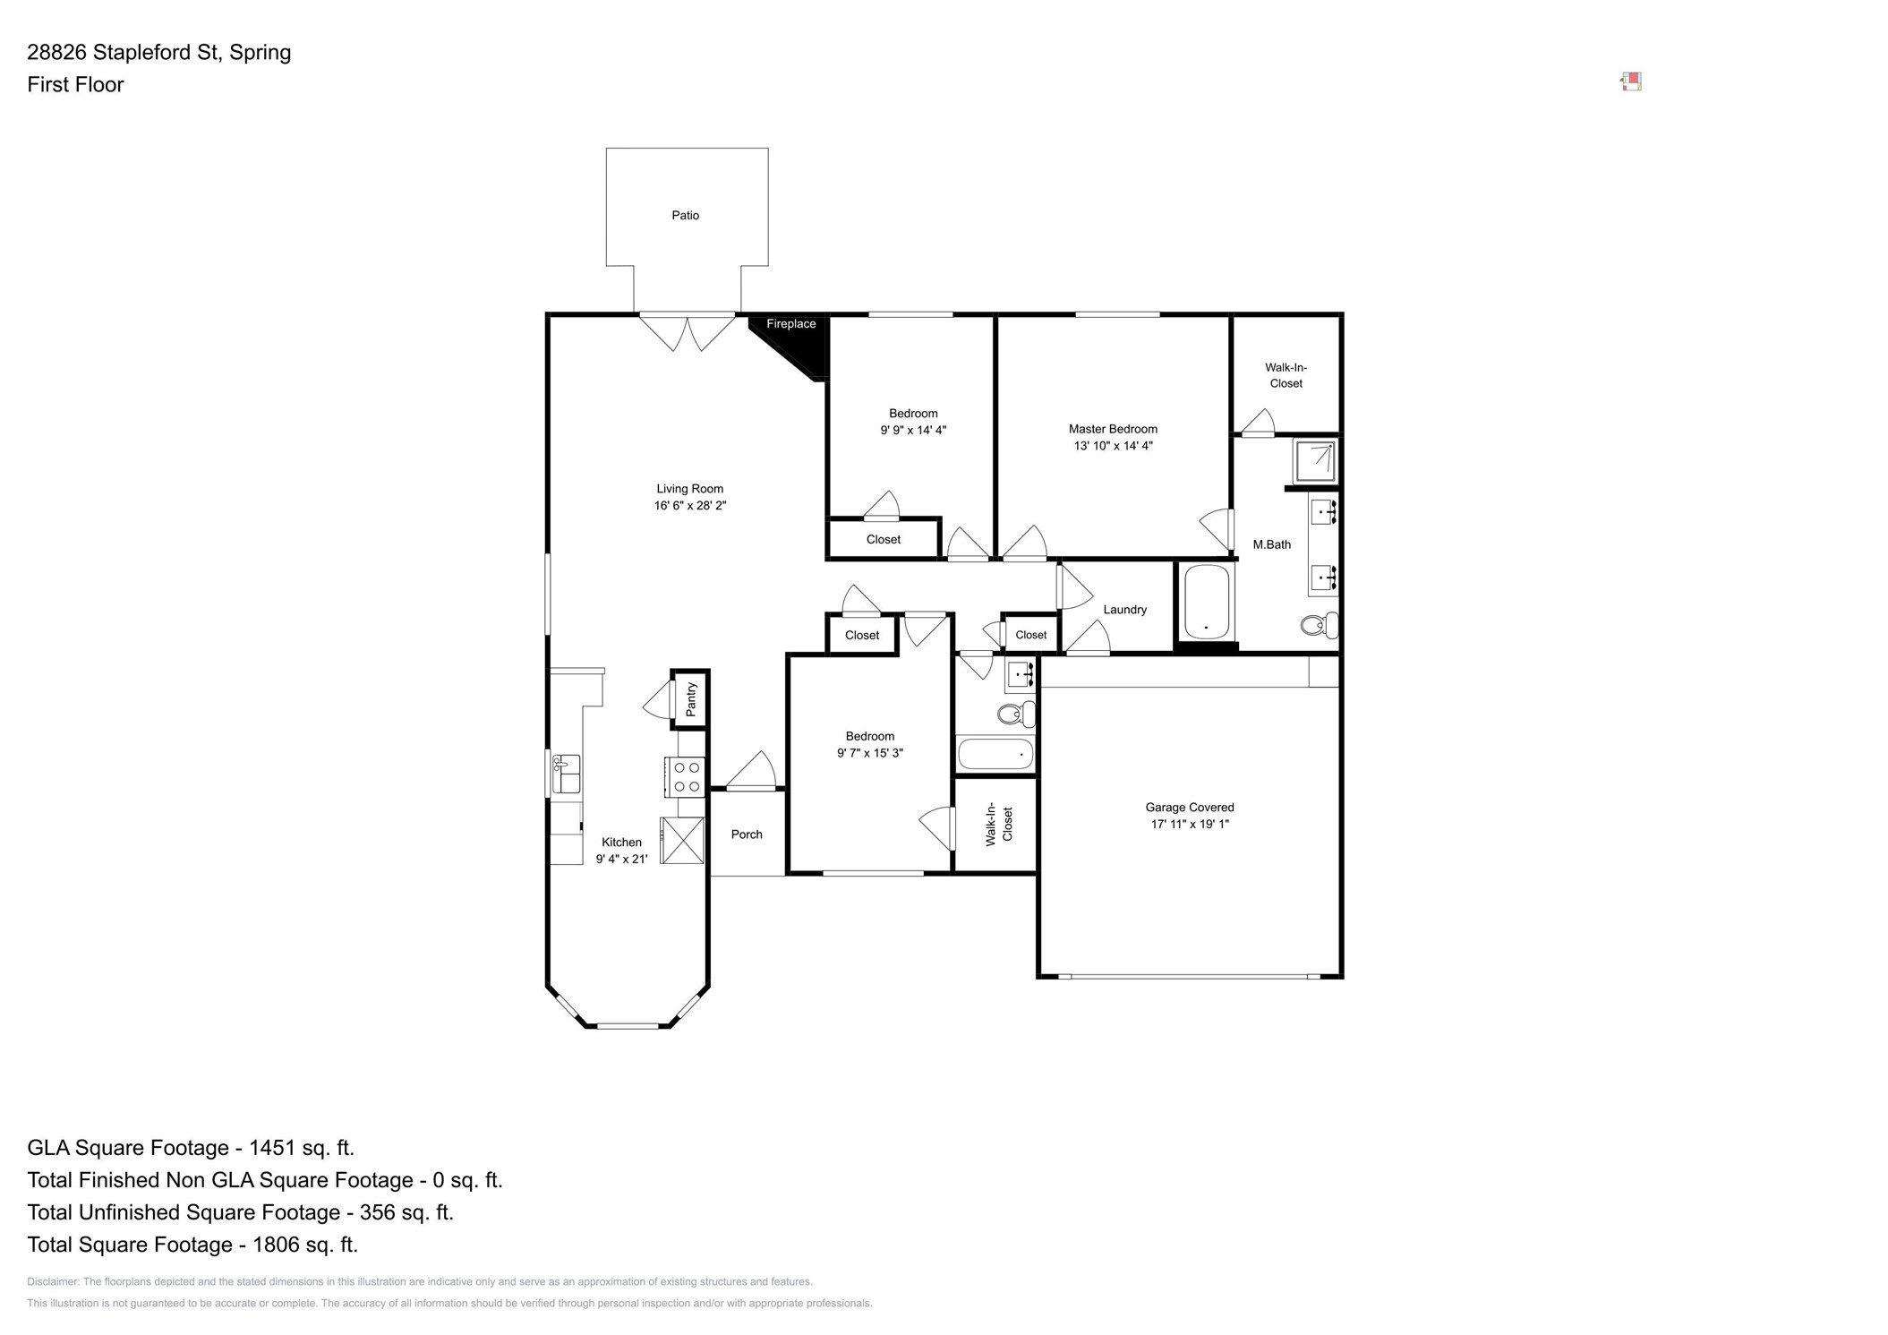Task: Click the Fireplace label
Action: click(790, 324)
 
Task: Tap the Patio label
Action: click(686, 216)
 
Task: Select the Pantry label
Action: click(691, 699)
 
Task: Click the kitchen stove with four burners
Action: click(687, 777)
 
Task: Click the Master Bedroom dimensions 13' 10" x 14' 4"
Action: click(1113, 446)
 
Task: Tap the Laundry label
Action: click(1124, 610)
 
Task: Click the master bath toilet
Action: click(1318, 625)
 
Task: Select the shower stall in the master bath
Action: click(1315, 462)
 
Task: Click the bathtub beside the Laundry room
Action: click(1206, 602)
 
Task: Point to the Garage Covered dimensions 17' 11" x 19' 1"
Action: click(1190, 824)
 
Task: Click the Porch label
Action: click(747, 834)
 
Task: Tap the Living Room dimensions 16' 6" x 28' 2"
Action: click(689, 506)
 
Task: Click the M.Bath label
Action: click(1271, 544)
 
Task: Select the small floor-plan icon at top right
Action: click(1631, 82)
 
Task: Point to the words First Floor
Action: click(75, 85)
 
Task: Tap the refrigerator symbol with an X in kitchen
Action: click(683, 841)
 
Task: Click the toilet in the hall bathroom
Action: click(1015, 715)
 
